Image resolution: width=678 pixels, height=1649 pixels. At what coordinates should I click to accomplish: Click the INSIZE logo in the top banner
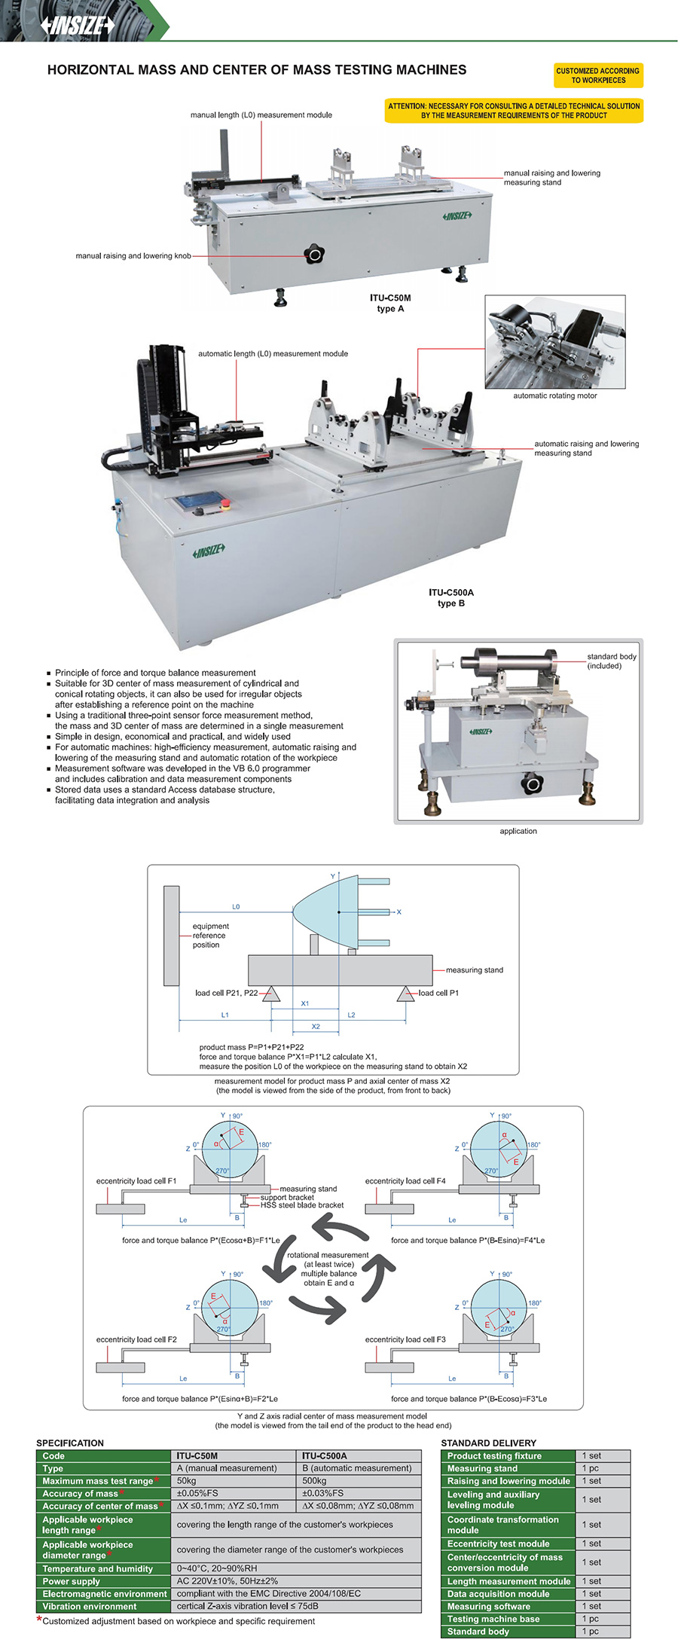click(78, 26)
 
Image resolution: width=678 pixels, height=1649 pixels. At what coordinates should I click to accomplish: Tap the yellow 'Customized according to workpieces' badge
click(598, 75)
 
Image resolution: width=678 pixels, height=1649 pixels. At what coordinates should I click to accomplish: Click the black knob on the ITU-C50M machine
click(315, 255)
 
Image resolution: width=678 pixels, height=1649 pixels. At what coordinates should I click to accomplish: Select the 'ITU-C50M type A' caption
click(390, 303)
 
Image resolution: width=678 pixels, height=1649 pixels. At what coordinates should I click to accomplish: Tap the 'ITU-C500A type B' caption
click(451, 597)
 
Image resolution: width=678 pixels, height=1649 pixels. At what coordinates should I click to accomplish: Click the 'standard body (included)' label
click(611, 661)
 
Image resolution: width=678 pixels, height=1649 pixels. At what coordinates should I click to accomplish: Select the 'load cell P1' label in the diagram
click(438, 993)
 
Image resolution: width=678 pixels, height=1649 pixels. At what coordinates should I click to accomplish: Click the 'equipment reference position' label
click(210, 935)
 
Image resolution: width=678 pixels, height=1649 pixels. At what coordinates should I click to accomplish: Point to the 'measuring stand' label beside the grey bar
click(474, 970)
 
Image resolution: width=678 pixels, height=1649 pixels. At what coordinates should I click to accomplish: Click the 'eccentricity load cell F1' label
click(136, 1180)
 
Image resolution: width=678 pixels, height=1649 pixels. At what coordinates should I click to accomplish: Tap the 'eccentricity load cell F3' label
click(405, 1339)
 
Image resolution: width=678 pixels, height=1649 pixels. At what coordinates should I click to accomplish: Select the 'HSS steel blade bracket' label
click(302, 1205)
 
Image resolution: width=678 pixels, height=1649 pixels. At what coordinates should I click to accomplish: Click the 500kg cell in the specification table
click(314, 1480)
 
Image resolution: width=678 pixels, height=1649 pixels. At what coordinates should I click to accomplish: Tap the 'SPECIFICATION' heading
click(70, 1443)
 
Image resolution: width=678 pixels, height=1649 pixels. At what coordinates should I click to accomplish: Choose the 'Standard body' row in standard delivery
click(478, 1631)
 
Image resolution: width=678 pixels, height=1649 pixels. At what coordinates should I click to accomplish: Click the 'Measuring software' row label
click(489, 1606)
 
